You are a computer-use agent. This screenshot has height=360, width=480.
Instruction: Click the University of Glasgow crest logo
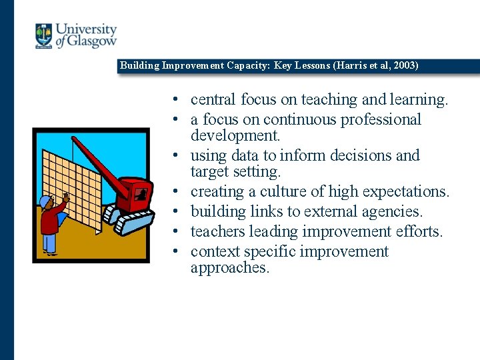click(x=44, y=36)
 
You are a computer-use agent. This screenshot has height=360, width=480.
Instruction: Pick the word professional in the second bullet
click(x=381, y=120)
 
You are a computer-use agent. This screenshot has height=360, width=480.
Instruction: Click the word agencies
click(x=389, y=212)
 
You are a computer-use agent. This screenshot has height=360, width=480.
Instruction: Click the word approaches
click(x=229, y=268)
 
